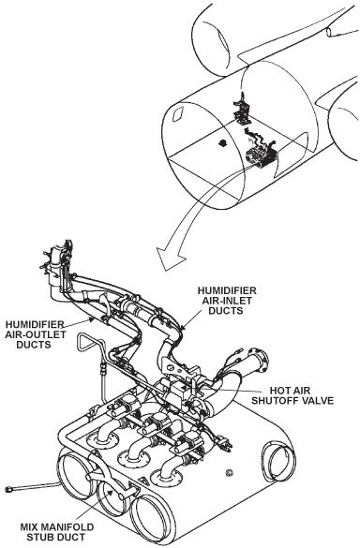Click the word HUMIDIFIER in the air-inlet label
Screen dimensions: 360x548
(227, 290)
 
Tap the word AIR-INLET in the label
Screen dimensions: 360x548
(227, 300)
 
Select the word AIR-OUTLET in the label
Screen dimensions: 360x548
(35, 334)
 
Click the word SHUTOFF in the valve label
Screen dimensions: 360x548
(275, 400)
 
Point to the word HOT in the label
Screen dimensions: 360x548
(278, 391)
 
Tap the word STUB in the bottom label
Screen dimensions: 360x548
(38, 537)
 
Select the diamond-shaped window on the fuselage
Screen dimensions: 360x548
(178, 113)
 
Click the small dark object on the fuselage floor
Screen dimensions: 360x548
(222, 142)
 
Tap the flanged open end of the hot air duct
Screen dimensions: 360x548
(259, 361)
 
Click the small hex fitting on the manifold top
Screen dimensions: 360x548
(229, 473)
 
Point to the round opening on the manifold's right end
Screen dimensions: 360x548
(278, 456)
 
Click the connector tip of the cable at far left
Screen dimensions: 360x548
(9, 489)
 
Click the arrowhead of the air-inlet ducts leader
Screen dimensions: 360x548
(183, 328)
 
